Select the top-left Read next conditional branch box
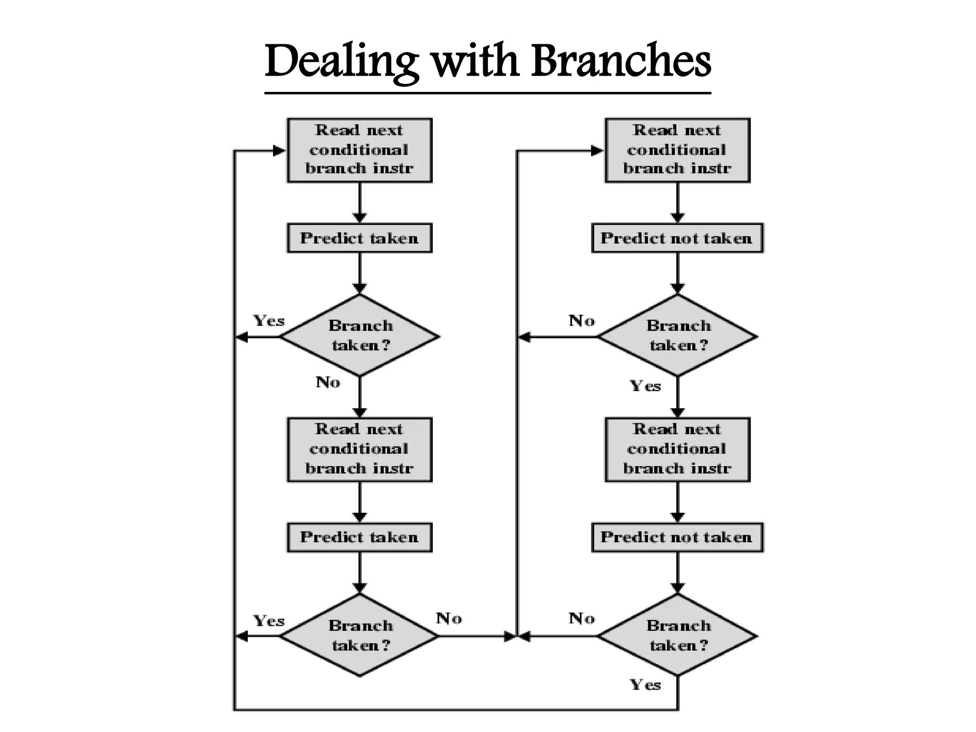(359, 150)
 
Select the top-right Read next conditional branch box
(677, 150)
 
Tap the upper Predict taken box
(359, 238)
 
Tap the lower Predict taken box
(359, 537)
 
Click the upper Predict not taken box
(677, 238)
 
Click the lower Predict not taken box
(677, 537)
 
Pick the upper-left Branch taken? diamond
(360, 336)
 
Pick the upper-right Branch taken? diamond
(677, 336)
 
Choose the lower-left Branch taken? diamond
(360, 635)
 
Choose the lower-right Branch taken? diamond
(677, 635)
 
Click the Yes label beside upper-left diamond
(269, 321)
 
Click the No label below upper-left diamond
(328, 382)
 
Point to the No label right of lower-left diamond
(449, 619)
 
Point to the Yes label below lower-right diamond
(645, 685)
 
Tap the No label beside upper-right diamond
(582, 321)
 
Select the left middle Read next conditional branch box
(359, 449)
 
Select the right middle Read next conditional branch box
(677, 449)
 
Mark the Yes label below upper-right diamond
(645, 386)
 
